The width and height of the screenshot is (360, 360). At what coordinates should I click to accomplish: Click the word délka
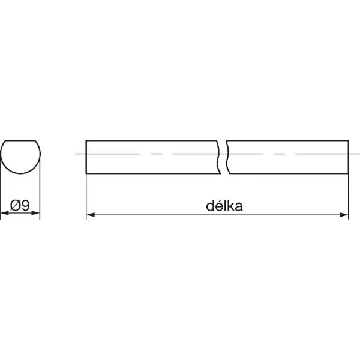coord(224,206)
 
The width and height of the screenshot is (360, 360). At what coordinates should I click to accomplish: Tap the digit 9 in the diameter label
coord(25,205)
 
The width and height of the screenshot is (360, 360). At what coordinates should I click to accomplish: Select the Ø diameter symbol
coord(16,205)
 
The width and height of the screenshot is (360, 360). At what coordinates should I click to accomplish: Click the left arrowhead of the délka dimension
coord(91,215)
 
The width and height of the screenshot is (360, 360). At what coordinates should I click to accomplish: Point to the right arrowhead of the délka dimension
coord(344,215)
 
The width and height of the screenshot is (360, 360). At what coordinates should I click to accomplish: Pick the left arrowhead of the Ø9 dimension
coord(5,213)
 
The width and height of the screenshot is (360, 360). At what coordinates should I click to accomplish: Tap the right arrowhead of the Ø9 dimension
coord(35,213)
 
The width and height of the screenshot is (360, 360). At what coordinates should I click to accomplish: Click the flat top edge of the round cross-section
coord(20,140)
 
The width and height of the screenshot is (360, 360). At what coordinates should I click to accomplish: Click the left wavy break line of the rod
coord(218,157)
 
